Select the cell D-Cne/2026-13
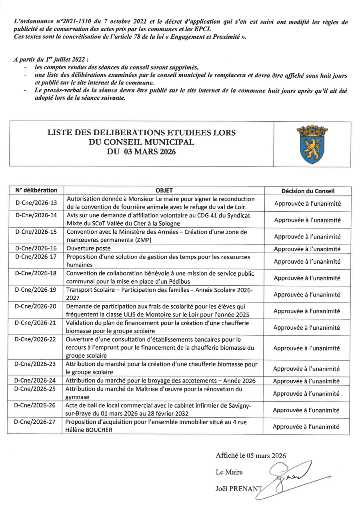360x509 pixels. pyautogui.click(x=36, y=202)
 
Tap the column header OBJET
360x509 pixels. pyautogui.click(x=164, y=191)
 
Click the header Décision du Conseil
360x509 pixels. pyautogui.click(x=308, y=191)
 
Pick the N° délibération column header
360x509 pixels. pyautogui.click(x=36, y=190)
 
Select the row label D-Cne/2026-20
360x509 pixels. pyautogui.click(x=36, y=307)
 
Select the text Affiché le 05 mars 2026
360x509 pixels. pyautogui.click(x=251, y=455)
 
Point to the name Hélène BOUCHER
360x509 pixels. pyautogui.click(x=90, y=430)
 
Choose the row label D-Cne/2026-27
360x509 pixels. pyautogui.click(x=36, y=422)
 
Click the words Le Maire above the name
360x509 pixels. pyautogui.click(x=229, y=472)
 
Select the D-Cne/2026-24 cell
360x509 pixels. pyautogui.click(x=36, y=380)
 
